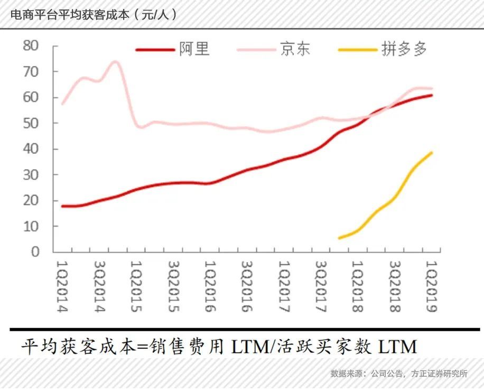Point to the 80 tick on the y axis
click(31, 46)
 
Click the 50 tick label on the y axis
click(31, 123)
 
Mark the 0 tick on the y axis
click(35, 252)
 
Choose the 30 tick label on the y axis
click(31, 175)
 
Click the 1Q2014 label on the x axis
click(63, 286)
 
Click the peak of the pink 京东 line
click(115, 62)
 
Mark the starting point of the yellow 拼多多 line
click(339, 238)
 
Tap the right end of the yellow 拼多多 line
click(432, 153)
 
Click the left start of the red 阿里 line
click(63, 206)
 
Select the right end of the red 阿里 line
click(432, 95)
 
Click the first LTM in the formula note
click(248, 347)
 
